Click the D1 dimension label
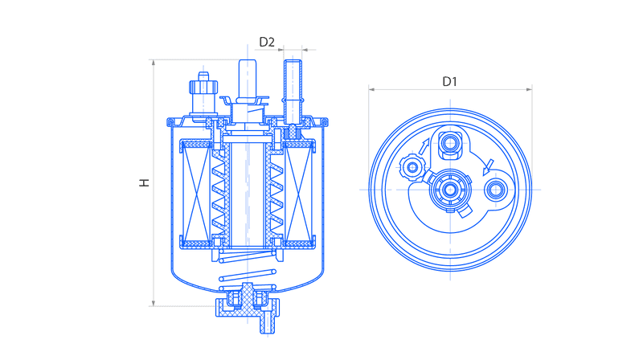(x=449, y=82)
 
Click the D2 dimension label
(x=267, y=42)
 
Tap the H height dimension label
(x=144, y=182)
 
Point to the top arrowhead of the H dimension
(x=154, y=63)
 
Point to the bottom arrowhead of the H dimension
(x=154, y=303)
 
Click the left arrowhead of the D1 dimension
(x=371, y=89)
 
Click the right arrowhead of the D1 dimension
(x=529, y=89)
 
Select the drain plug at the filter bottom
(x=248, y=303)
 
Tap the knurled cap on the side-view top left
(x=203, y=87)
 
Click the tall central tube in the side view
(x=248, y=80)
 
